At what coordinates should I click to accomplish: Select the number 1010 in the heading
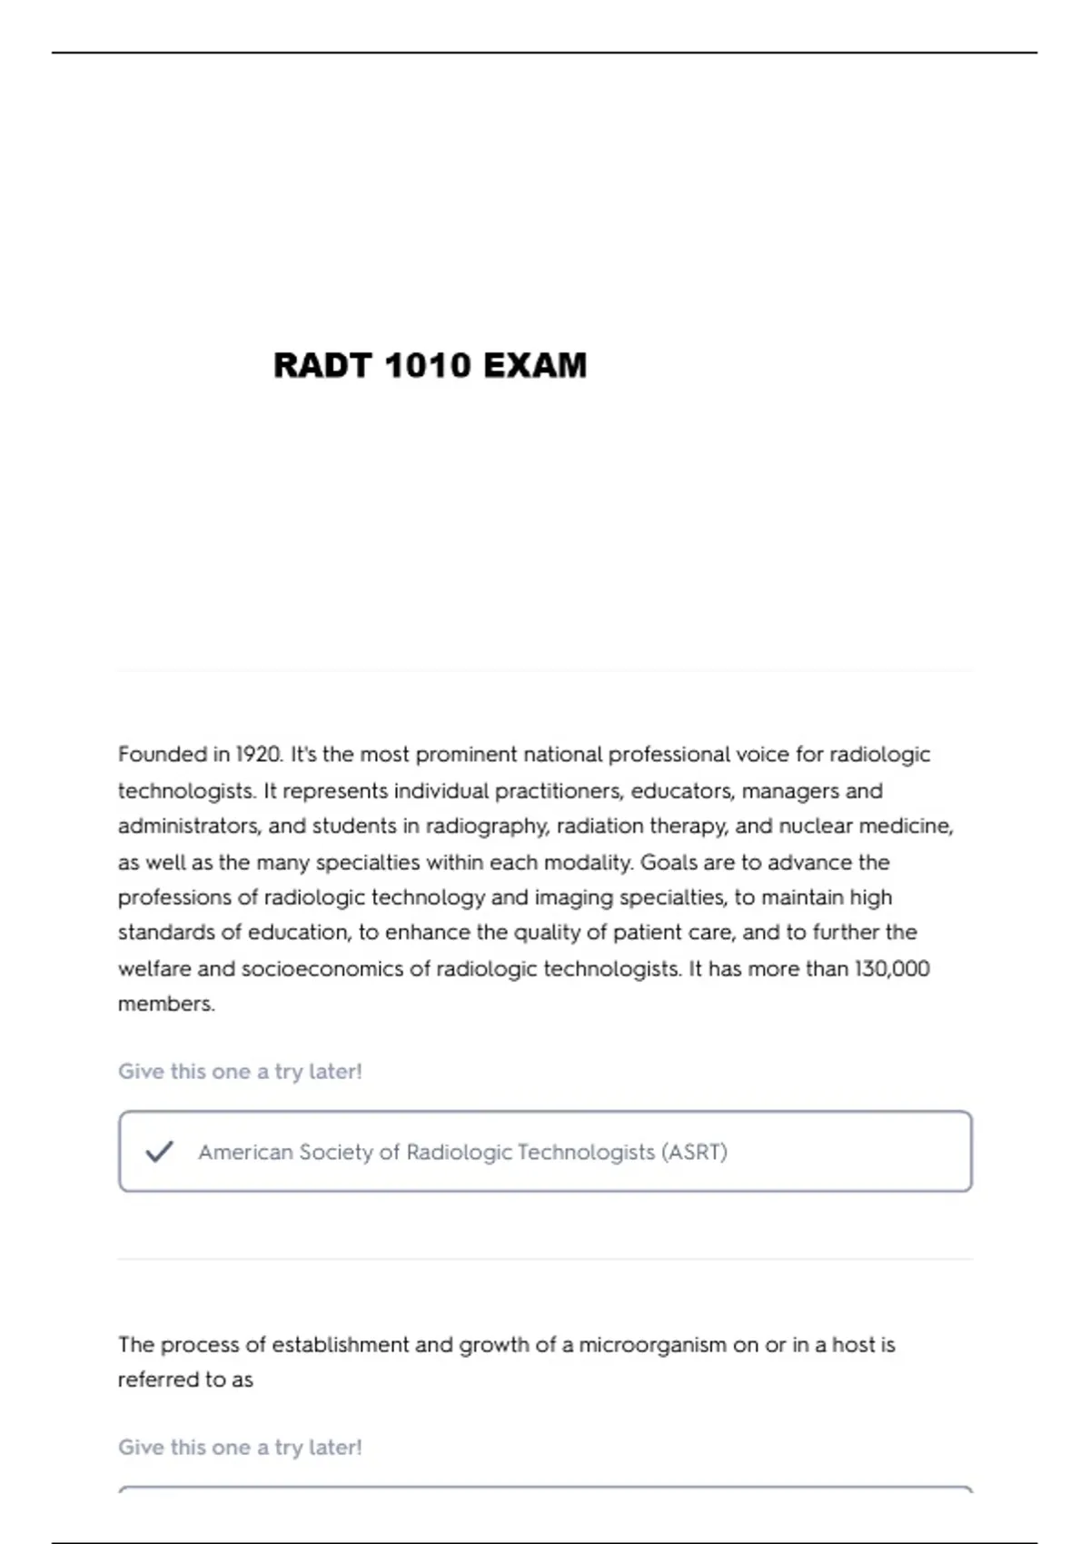coord(427,366)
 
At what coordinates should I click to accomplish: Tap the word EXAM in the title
coord(535,366)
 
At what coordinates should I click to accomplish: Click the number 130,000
coord(892,969)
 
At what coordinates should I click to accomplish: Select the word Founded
coord(163,755)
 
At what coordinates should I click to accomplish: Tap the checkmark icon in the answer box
coord(159,1152)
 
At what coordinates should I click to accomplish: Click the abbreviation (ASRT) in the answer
coord(694,1152)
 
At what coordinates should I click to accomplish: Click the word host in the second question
coord(854,1345)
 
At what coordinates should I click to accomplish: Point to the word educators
coord(682,791)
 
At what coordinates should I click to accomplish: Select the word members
coord(166,1005)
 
